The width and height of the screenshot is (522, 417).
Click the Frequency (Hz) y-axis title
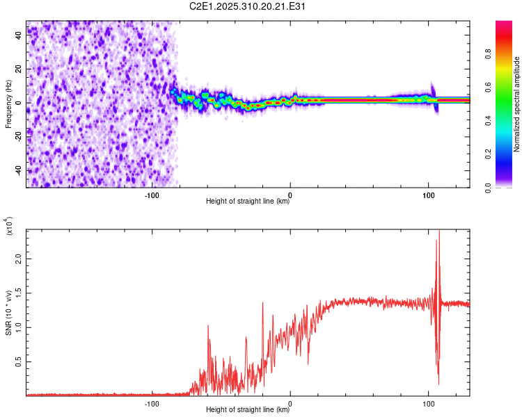8,104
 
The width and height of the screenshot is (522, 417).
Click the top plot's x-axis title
248,202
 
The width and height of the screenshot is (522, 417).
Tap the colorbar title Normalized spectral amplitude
516,104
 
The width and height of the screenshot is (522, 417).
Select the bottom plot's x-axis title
248,410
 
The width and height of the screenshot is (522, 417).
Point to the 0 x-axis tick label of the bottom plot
290,403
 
